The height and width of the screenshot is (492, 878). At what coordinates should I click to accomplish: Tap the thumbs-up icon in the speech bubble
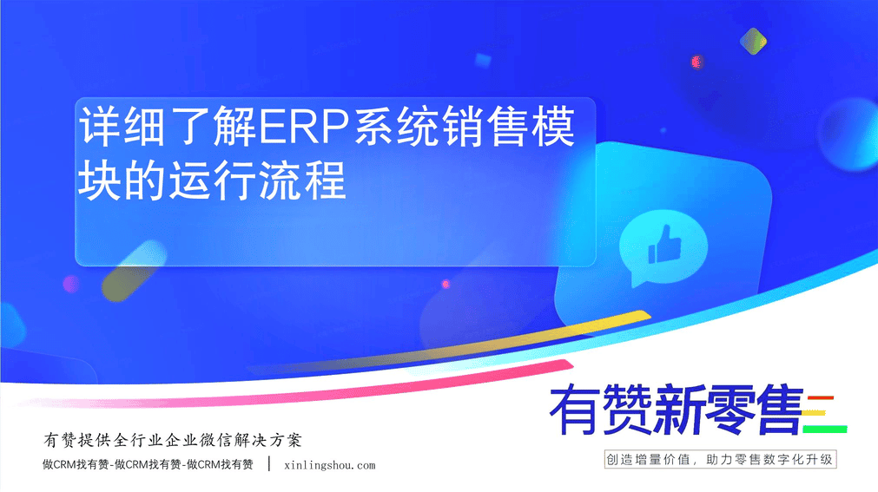[664, 245]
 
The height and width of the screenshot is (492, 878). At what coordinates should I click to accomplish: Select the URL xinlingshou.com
[330, 465]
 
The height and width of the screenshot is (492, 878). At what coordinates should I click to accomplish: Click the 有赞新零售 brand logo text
[677, 410]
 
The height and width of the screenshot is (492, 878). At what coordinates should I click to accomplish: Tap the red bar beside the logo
[821, 398]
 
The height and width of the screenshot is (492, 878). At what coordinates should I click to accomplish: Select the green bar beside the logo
[824, 430]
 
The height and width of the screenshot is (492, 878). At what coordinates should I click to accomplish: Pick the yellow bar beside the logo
[815, 414]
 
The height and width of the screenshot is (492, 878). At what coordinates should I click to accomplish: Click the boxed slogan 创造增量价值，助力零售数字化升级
[720, 460]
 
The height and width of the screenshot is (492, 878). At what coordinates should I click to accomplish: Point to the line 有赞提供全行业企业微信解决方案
[173, 440]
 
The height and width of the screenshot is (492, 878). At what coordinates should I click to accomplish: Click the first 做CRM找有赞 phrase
[76, 464]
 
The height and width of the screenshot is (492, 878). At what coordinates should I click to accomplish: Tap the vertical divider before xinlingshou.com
[269, 464]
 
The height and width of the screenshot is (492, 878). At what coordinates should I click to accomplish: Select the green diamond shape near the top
[753, 42]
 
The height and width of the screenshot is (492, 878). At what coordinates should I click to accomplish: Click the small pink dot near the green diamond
[696, 62]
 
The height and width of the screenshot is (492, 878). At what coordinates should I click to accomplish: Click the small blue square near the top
[483, 60]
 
